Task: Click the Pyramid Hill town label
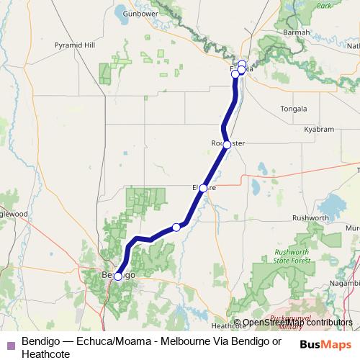pyautogui.click(x=74, y=45)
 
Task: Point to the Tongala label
pyautogui.click(x=293, y=109)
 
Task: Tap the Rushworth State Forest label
pyautogui.click(x=292, y=256)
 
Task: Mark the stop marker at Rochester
pyautogui.click(x=227, y=145)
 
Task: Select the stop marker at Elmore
pyautogui.click(x=203, y=188)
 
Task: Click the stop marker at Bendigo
pyautogui.click(x=118, y=276)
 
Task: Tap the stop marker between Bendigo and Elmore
pyautogui.click(x=176, y=228)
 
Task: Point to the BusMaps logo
pyautogui.click(x=325, y=343)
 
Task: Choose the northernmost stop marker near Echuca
pyautogui.click(x=242, y=64)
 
